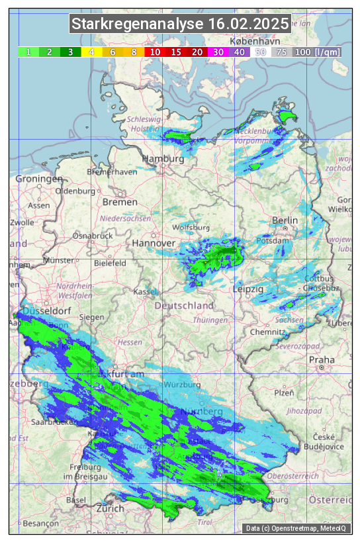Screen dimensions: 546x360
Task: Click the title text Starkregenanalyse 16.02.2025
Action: coord(180,24)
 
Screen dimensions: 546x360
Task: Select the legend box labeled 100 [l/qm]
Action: coord(318,52)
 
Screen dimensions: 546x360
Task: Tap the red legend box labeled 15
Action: coord(176,52)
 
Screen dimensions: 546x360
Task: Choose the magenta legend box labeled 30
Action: coord(218,52)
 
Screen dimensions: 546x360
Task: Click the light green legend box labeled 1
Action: coord(28,52)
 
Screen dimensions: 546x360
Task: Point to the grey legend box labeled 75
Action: coord(281,52)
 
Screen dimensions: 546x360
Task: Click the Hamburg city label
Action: coord(163,159)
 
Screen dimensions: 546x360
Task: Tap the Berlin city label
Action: coord(285,220)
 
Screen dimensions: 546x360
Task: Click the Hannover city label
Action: coord(154,244)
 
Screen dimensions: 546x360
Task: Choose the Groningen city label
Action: coord(38,179)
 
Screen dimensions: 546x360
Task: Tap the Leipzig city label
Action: coord(248,289)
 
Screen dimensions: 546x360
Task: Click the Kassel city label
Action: coord(145,292)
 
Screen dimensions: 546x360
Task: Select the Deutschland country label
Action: coord(184,306)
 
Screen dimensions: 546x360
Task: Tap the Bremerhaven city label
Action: coord(112,172)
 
